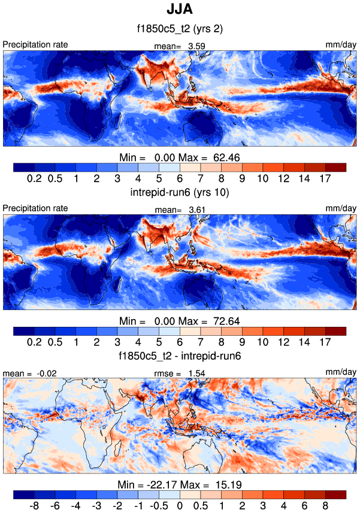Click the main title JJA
[180, 10]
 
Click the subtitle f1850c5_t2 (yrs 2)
[180, 28]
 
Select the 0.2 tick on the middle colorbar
[34, 342]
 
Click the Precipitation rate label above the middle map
[35, 209]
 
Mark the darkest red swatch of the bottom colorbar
[335, 494]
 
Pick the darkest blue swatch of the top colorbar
[23, 167]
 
